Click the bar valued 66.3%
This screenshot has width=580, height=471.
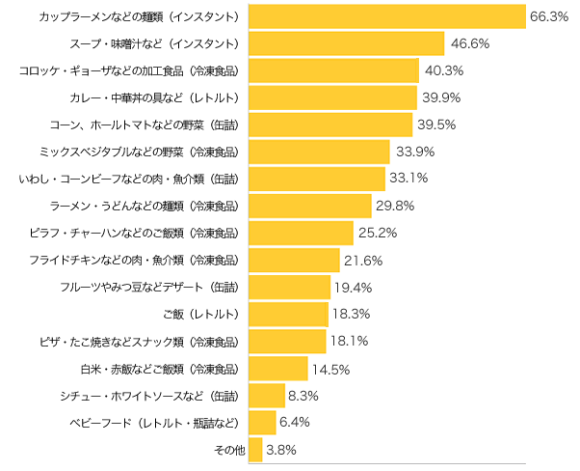(386, 16)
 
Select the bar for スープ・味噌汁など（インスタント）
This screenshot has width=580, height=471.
(346, 43)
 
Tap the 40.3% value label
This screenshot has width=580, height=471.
(444, 70)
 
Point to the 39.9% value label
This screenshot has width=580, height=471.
(442, 97)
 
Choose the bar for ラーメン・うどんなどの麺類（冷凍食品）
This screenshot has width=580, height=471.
(310, 206)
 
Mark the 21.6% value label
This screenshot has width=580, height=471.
(365, 260)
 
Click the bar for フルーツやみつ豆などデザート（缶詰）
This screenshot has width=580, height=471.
(289, 287)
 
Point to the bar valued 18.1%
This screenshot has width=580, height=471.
(287, 341)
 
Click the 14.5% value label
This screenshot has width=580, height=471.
(330, 368)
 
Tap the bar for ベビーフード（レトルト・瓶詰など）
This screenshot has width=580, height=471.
(262, 422)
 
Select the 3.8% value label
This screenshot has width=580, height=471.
(282, 449)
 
